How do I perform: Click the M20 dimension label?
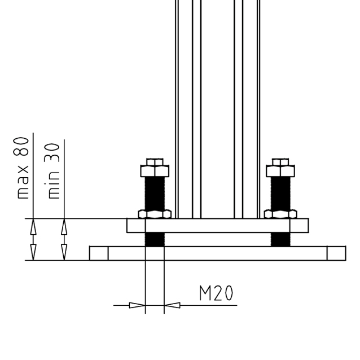(x=216, y=293)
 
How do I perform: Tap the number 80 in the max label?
(x=21, y=146)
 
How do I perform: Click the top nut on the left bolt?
(x=155, y=168)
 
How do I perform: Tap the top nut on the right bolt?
(x=280, y=168)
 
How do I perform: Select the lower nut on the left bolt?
(x=155, y=214)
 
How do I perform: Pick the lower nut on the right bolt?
(x=280, y=214)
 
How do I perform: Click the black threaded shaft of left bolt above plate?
(x=155, y=194)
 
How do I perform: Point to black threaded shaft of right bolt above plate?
(x=280, y=194)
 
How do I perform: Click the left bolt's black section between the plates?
(x=155, y=239)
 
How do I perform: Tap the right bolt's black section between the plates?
(x=280, y=239)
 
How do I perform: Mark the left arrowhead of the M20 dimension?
(x=137, y=305)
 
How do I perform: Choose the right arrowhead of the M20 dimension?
(x=172, y=305)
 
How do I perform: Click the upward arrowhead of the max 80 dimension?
(x=33, y=227)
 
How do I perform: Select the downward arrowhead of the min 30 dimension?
(x=64, y=252)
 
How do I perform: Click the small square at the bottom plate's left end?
(x=99, y=253)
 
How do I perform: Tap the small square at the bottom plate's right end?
(x=336, y=253)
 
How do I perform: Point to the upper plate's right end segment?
(x=299, y=226)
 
